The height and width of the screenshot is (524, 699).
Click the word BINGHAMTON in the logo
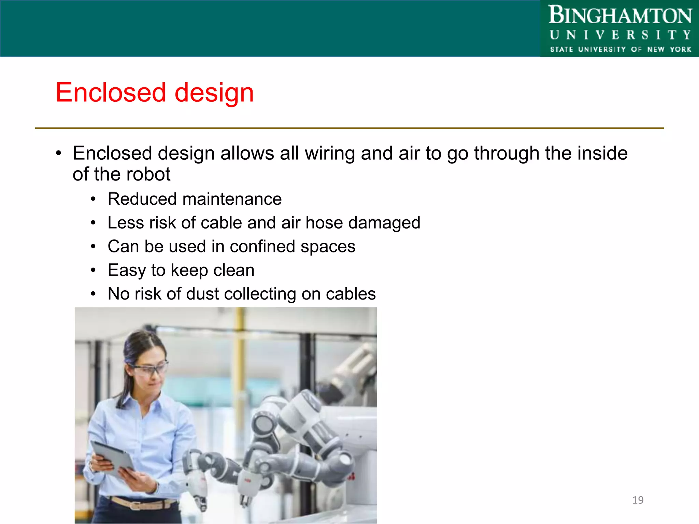click(x=620, y=16)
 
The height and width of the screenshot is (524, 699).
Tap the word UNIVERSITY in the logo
click(x=620, y=35)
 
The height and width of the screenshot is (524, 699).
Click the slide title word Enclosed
click(x=111, y=92)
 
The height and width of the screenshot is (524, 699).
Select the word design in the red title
click(x=214, y=93)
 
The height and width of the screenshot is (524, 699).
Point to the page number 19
click(x=638, y=500)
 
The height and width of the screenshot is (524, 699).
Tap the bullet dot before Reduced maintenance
click(x=93, y=200)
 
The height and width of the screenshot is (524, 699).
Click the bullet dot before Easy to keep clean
click(x=93, y=271)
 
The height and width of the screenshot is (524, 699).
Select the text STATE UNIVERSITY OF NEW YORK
click(x=620, y=49)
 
